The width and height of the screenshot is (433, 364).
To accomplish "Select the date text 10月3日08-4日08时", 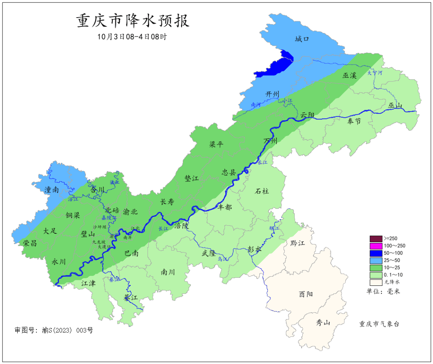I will pyautogui.click(x=132, y=36).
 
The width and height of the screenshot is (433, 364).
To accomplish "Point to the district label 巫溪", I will pyautogui.click(x=349, y=75).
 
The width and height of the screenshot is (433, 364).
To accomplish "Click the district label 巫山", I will pyautogui.click(x=395, y=105).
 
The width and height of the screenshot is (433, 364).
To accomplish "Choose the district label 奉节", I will pyautogui.click(x=354, y=121).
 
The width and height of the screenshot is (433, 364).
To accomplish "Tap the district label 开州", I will pyautogui.click(x=272, y=94).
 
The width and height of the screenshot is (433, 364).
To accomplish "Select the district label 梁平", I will pyautogui.click(x=216, y=144).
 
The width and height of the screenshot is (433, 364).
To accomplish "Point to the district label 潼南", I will pyautogui.click(x=52, y=190).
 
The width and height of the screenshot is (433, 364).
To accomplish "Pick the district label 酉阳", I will pyautogui.click(x=306, y=294).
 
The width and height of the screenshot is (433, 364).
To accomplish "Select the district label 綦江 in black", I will pyautogui.click(x=131, y=298).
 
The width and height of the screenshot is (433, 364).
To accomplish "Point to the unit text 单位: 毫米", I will pyautogui.click(x=383, y=291).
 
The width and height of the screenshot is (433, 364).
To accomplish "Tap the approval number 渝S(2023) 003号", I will pyautogui.click(x=54, y=330).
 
